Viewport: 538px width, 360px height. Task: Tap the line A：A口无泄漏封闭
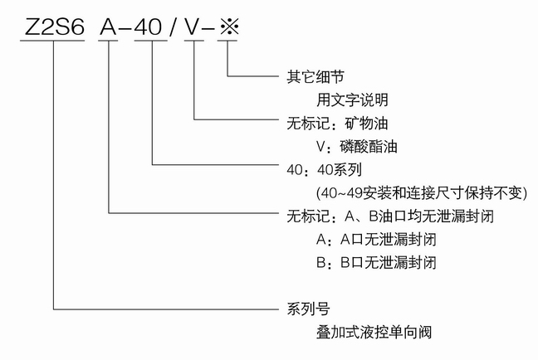[x=376, y=240]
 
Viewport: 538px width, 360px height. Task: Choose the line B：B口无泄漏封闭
[x=376, y=263]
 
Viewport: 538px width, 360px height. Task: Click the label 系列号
[x=302, y=309]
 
